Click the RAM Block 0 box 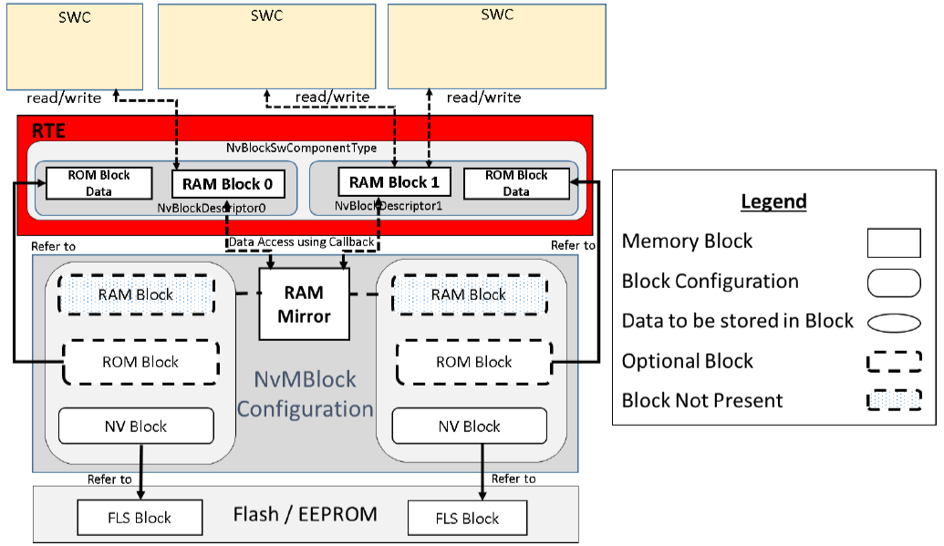tap(227, 183)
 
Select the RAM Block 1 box tap(394, 182)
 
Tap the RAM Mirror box tap(304, 305)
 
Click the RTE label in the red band tap(48, 131)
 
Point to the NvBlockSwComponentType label tap(301, 148)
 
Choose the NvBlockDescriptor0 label tap(223, 207)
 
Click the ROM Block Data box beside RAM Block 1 tap(516, 183)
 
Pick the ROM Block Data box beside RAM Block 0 tap(99, 183)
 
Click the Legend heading tap(773, 201)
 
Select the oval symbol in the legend tap(893, 322)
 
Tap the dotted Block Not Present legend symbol tap(893, 400)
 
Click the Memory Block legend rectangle tap(893, 242)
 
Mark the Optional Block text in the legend tap(688, 361)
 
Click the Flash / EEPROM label tap(306, 514)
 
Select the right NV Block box tap(469, 426)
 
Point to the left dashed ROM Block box tap(140, 362)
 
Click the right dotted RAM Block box tap(469, 294)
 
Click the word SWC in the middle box tap(265, 16)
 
